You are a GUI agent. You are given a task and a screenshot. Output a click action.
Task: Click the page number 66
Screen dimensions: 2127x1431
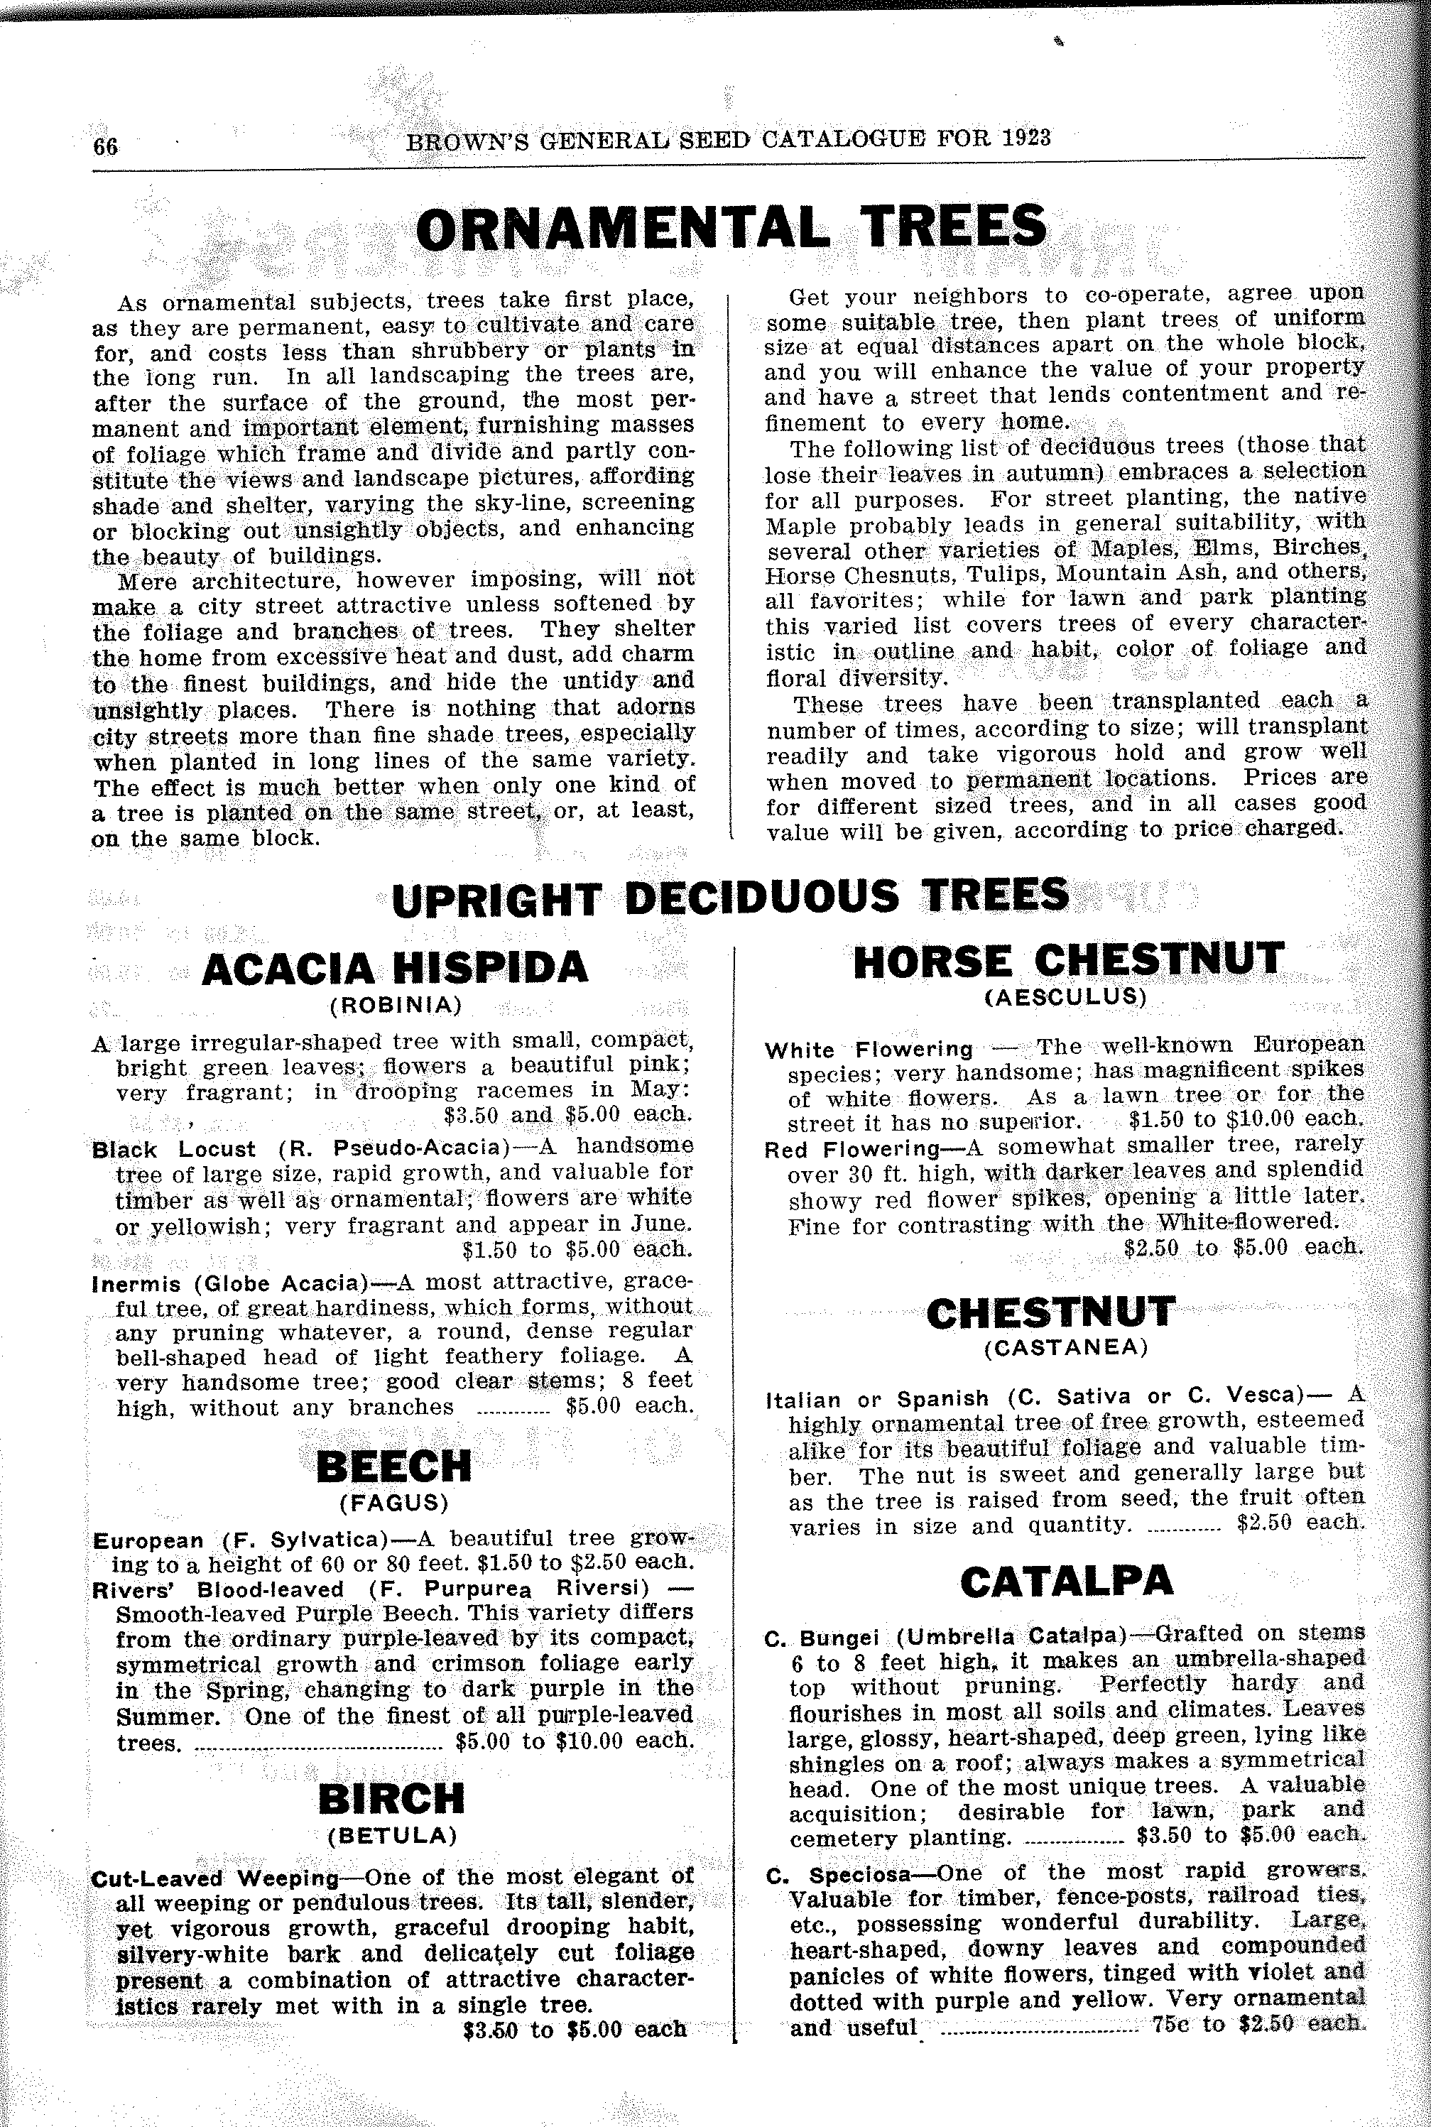click(x=105, y=146)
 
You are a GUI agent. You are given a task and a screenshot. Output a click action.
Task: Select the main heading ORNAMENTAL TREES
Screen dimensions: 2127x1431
click(x=730, y=227)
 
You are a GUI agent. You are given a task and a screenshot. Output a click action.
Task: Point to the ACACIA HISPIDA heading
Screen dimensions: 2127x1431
click(x=394, y=968)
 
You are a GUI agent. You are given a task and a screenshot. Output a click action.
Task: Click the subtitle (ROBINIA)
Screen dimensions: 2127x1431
click(x=395, y=1006)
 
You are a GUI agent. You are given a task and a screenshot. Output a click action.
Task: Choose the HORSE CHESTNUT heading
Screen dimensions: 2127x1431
click(x=1068, y=961)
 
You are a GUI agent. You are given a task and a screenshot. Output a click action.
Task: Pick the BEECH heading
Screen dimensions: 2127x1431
click(x=393, y=1467)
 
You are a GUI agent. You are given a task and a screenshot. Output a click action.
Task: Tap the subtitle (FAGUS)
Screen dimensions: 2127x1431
click(x=394, y=1502)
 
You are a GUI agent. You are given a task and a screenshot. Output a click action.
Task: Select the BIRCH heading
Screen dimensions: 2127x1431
click(x=391, y=1798)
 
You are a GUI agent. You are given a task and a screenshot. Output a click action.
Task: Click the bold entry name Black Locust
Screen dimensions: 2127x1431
click(x=174, y=1149)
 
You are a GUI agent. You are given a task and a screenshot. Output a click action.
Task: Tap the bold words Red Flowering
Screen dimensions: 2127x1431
click(x=852, y=1150)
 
